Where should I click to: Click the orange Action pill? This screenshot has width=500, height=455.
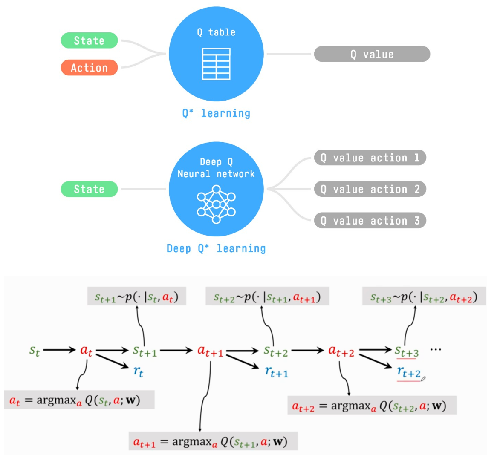(x=89, y=68)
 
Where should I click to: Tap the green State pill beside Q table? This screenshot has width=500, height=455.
(x=89, y=40)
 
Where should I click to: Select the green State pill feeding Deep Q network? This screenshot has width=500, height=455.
(x=89, y=189)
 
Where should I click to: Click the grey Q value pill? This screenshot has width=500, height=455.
(x=372, y=54)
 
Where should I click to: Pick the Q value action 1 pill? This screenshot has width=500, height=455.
(x=370, y=158)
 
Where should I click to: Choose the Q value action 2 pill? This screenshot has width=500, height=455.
(x=370, y=189)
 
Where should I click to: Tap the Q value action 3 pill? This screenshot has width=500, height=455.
(x=370, y=221)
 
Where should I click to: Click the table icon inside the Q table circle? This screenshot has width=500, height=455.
(x=216, y=64)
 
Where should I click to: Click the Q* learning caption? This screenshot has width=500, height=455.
(x=216, y=113)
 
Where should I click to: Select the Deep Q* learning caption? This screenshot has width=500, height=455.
(x=216, y=248)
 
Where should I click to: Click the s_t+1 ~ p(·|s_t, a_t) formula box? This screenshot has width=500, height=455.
(x=136, y=297)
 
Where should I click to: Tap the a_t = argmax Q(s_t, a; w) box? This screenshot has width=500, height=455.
(x=79, y=400)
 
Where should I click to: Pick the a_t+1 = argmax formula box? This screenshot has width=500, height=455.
(x=213, y=441)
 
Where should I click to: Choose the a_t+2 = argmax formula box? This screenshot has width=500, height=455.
(x=372, y=406)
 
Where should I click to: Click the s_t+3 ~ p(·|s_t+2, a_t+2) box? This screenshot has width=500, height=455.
(x=424, y=297)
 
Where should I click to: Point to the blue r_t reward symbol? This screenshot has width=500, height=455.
(x=138, y=371)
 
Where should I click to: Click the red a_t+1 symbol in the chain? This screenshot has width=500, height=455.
(x=210, y=351)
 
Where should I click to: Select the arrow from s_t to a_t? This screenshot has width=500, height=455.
(x=59, y=350)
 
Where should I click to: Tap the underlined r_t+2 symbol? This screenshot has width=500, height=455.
(x=409, y=373)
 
